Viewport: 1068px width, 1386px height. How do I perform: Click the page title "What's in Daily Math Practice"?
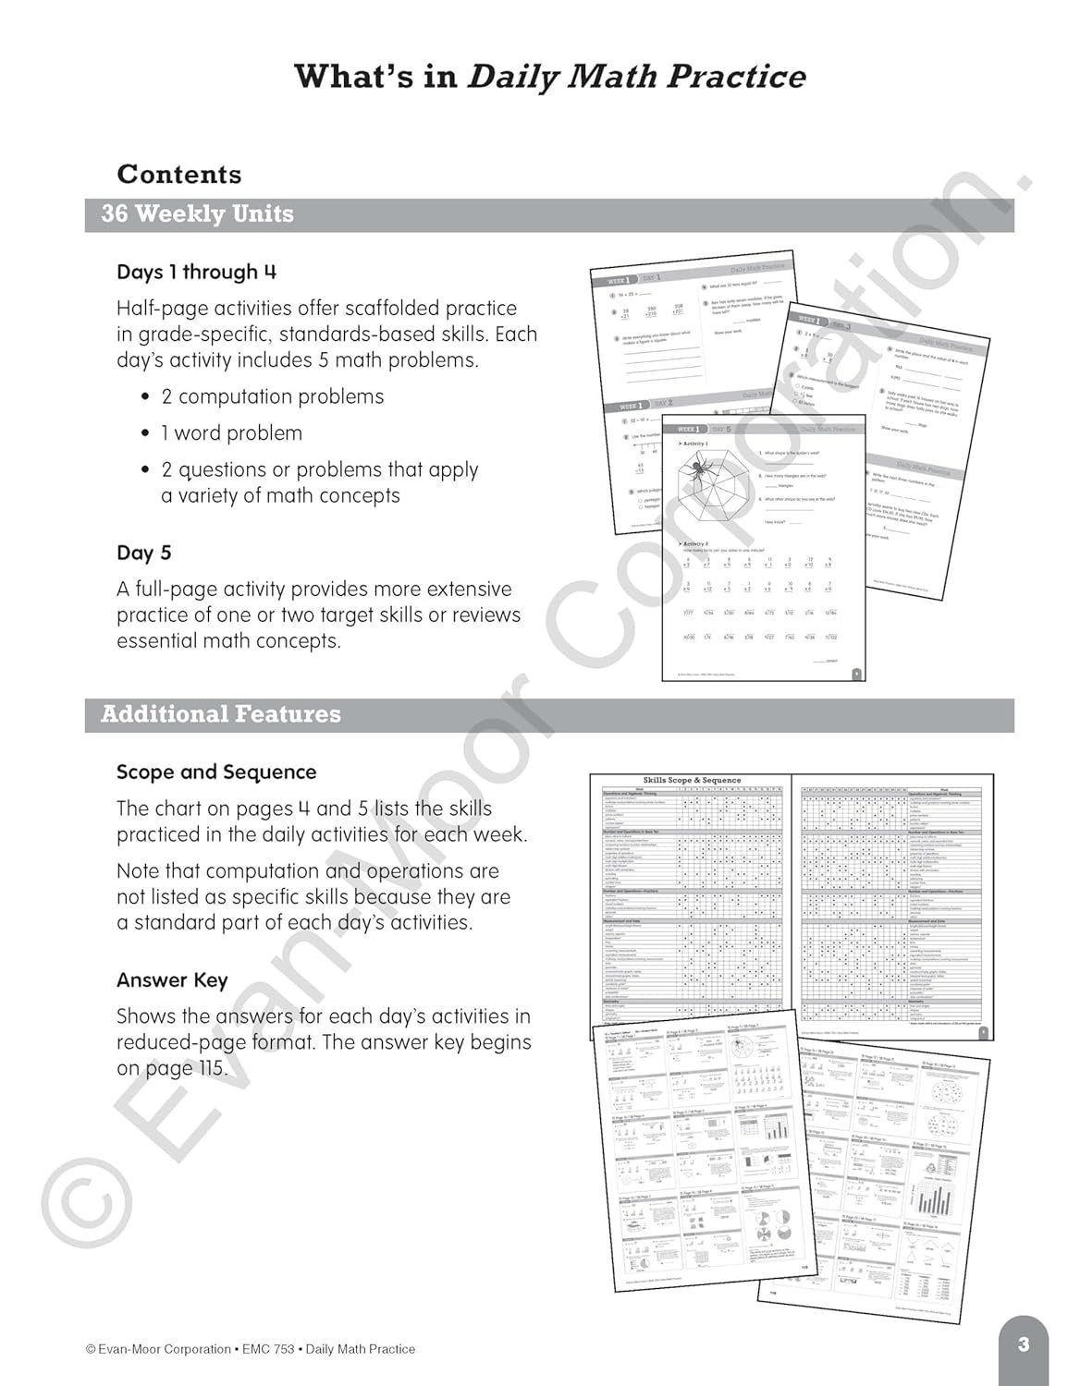click(549, 78)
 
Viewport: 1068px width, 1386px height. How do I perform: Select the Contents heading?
click(179, 175)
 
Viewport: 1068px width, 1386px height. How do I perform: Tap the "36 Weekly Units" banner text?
click(197, 214)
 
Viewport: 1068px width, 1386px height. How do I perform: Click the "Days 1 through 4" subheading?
click(196, 273)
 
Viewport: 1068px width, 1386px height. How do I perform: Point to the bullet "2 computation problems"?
click(272, 397)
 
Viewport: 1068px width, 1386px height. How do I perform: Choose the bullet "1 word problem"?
click(231, 433)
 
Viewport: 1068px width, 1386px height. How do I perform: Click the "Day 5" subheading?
click(143, 553)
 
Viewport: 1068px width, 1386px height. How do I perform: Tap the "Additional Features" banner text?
click(220, 714)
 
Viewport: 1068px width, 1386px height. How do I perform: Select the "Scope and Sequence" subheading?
click(216, 772)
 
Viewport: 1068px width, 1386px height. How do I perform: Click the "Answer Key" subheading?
click(172, 981)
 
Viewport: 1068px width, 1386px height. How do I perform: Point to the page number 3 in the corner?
click(1023, 1344)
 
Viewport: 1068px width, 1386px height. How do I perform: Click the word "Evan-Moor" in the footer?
click(132, 1349)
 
